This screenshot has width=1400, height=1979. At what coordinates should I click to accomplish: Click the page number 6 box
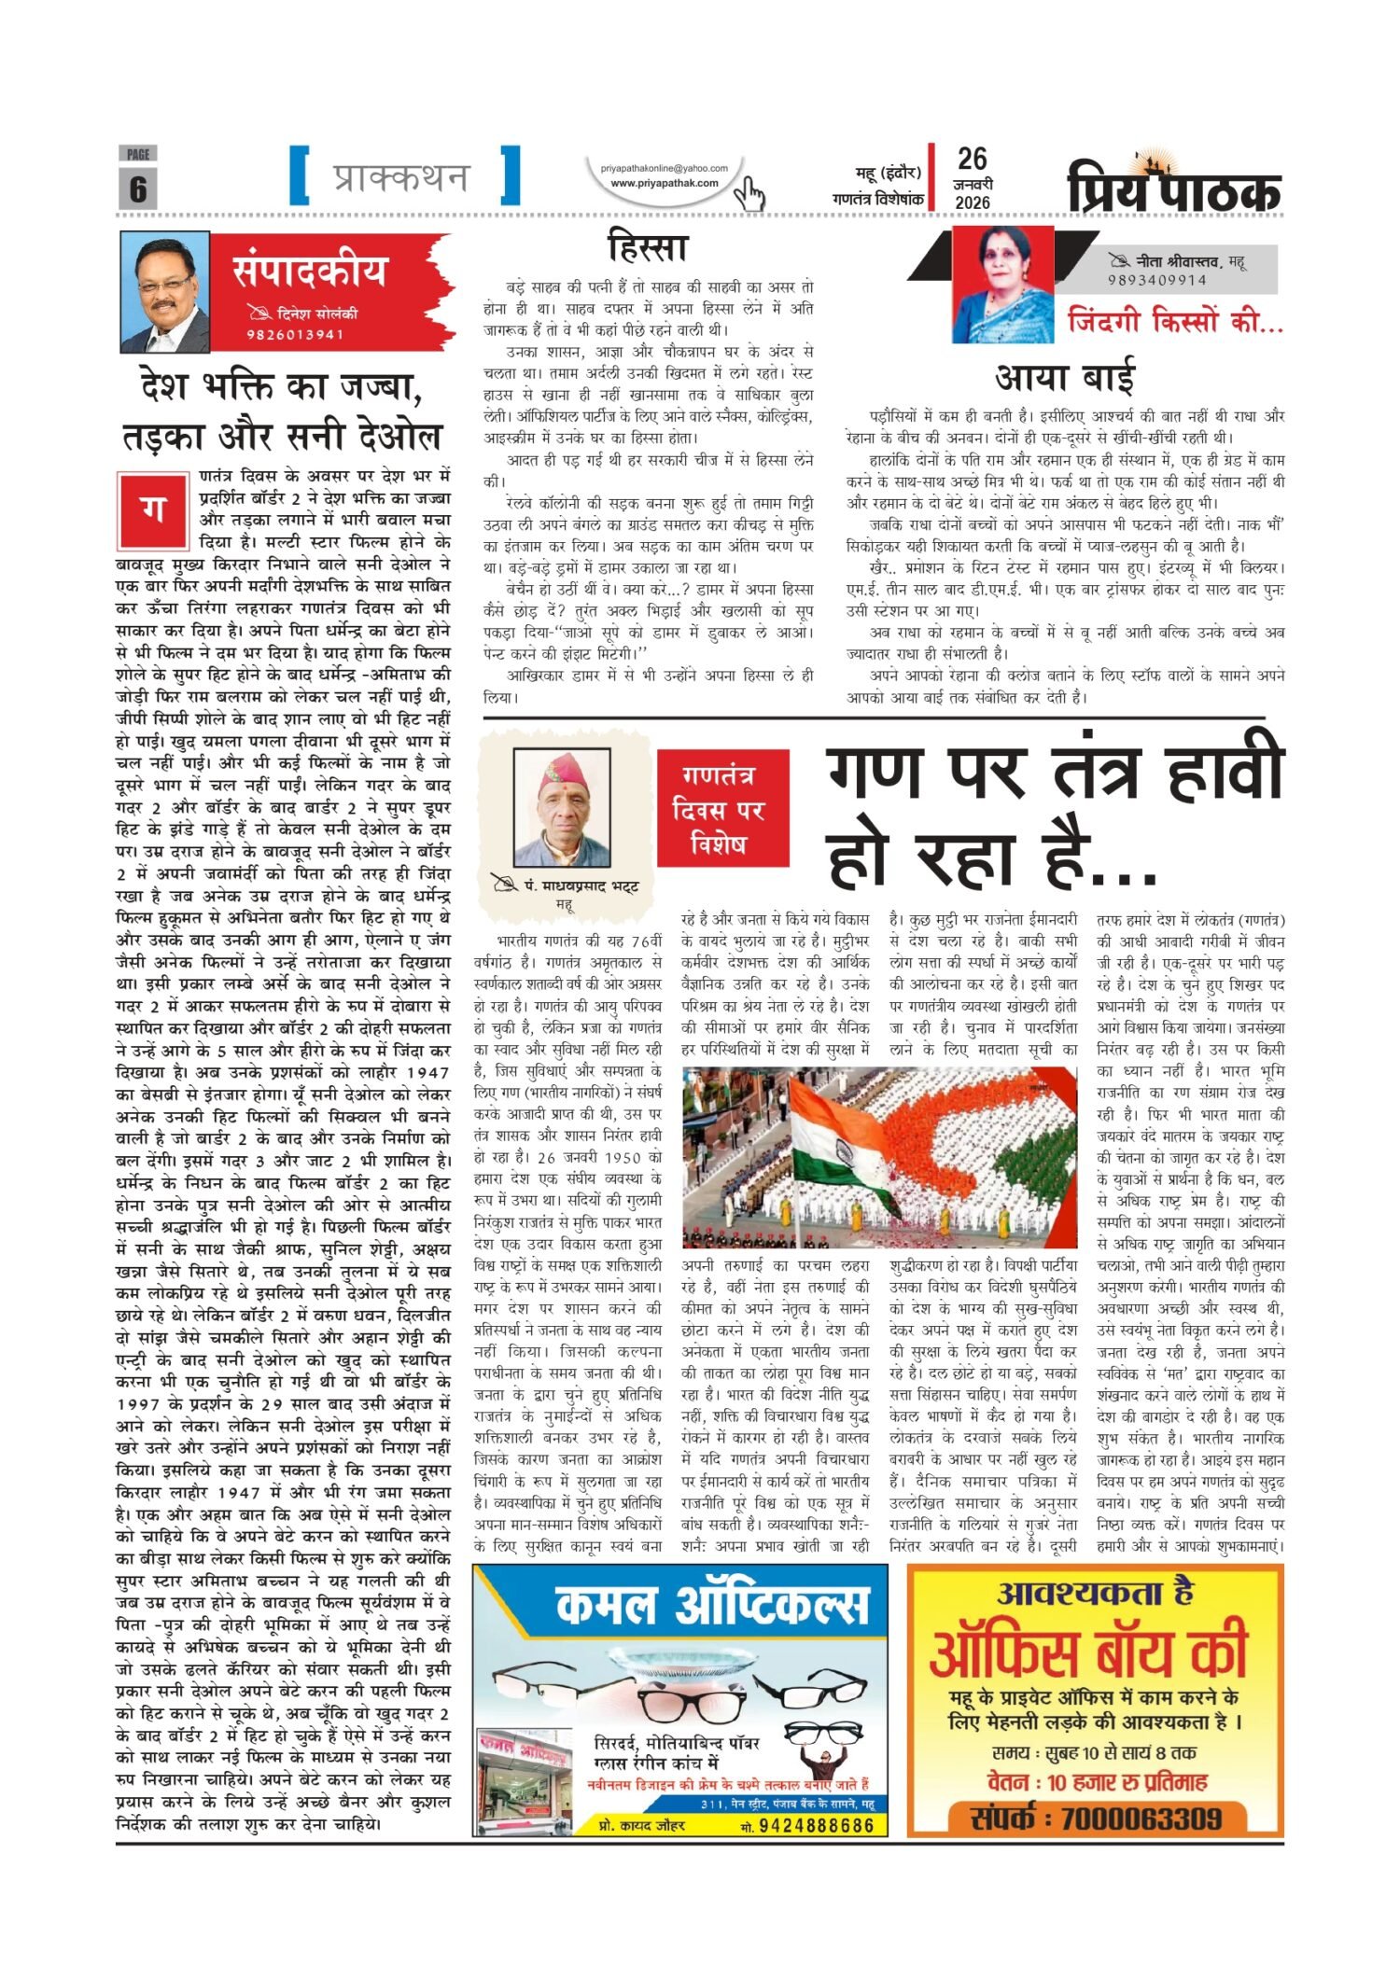137,188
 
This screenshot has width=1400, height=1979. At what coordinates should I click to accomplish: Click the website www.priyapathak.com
664,183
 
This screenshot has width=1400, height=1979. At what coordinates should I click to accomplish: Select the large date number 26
972,159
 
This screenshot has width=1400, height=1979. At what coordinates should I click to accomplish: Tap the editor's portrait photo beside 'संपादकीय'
165,292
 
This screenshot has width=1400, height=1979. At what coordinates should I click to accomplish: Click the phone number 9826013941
295,335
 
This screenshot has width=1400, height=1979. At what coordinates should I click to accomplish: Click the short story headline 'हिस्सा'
647,247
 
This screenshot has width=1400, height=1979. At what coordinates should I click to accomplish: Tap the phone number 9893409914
1157,280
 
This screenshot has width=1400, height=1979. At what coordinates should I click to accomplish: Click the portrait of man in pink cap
574,808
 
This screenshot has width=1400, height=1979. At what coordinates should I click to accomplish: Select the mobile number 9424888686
816,1826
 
